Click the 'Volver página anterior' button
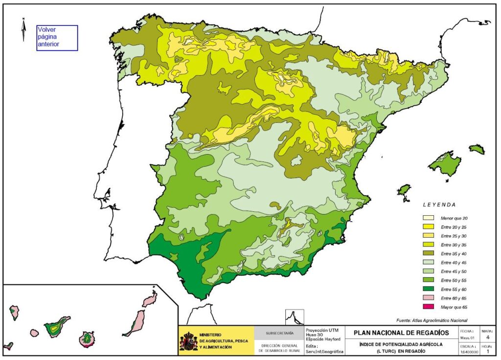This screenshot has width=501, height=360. (x=57, y=38)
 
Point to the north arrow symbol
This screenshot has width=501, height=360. (x=23, y=29)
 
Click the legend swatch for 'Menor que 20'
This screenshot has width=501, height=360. (x=429, y=218)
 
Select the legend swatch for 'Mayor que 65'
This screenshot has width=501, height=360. (x=429, y=307)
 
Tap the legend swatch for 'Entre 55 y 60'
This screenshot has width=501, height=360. (x=429, y=289)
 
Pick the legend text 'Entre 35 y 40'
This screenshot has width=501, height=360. (x=454, y=253)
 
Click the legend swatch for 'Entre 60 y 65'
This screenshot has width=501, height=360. (x=429, y=298)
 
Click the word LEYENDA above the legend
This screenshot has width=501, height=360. (x=439, y=205)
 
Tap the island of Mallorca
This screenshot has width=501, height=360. (x=445, y=164)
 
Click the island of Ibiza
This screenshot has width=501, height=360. (x=404, y=190)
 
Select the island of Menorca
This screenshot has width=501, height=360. (x=477, y=149)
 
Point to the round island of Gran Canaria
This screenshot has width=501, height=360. (x=88, y=337)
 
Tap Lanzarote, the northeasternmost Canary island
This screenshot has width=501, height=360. (x=149, y=298)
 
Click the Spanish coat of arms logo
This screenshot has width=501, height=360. (x=188, y=341)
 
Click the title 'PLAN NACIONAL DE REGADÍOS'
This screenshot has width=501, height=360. (x=400, y=333)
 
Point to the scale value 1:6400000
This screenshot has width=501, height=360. (x=468, y=352)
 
